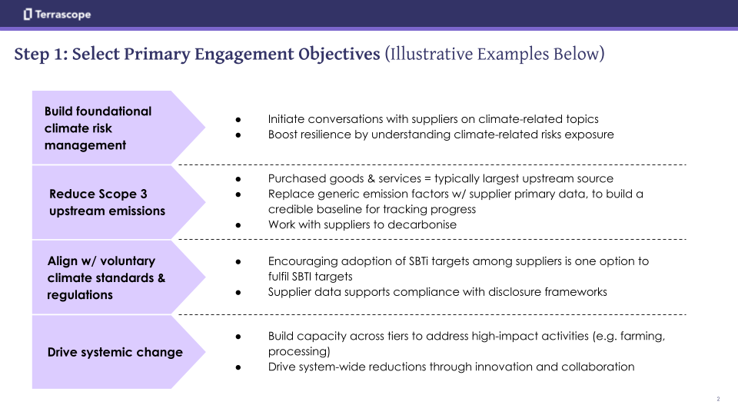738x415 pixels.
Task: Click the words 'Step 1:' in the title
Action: click(x=40, y=55)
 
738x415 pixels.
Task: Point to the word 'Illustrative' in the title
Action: click(x=431, y=55)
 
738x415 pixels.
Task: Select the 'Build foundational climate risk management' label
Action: click(x=98, y=128)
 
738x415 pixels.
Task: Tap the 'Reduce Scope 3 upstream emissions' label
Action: click(x=107, y=202)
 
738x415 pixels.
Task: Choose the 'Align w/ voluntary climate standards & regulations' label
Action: click(x=106, y=277)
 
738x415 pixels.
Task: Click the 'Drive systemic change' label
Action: click(x=115, y=352)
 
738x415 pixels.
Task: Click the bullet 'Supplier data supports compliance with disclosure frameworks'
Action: click(x=437, y=292)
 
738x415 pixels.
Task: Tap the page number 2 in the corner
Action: click(x=718, y=399)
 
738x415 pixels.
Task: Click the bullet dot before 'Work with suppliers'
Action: click(x=239, y=224)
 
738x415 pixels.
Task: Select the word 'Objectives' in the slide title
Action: click(x=337, y=55)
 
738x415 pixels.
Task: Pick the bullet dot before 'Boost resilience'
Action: click(x=239, y=134)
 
